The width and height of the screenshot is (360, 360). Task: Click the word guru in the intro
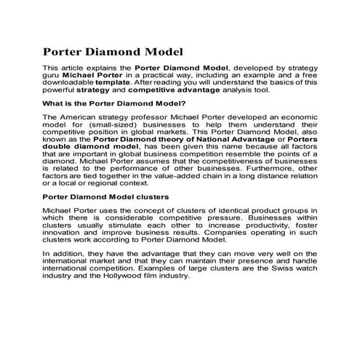(52, 74)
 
